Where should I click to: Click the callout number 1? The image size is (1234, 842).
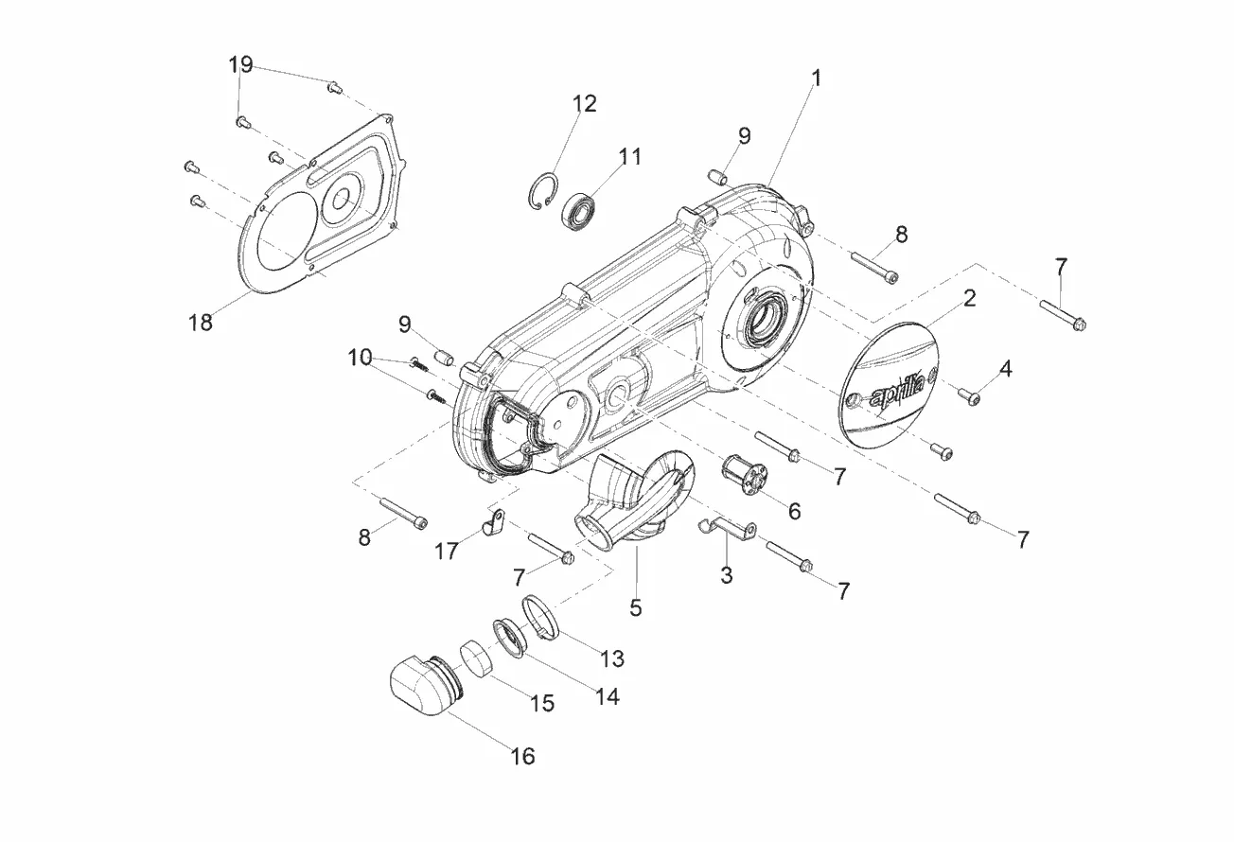click(x=817, y=79)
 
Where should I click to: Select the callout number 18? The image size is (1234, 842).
click(x=201, y=323)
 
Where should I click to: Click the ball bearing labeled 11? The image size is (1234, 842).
click(x=580, y=210)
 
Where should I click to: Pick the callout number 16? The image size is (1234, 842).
click(x=522, y=756)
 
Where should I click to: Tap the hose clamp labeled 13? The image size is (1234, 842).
click(x=540, y=618)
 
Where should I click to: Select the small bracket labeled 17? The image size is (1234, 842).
click(x=494, y=523)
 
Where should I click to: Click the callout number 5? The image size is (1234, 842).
click(x=636, y=608)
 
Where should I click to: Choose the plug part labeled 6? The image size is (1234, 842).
click(x=744, y=475)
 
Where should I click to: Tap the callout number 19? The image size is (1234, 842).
click(x=240, y=65)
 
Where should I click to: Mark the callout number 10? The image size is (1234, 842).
click(x=360, y=358)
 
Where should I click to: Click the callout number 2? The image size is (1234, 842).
click(x=970, y=298)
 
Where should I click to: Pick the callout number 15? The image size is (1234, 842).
click(x=542, y=703)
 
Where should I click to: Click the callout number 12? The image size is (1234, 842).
click(x=585, y=103)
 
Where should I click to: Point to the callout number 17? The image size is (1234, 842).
click(x=447, y=551)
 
